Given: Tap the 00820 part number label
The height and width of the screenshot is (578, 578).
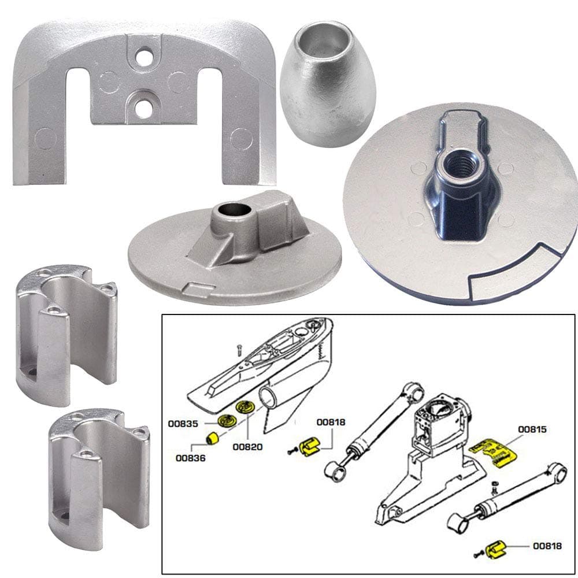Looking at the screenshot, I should click(248, 446).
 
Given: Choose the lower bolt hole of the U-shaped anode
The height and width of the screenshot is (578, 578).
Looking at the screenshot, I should click(143, 107).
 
